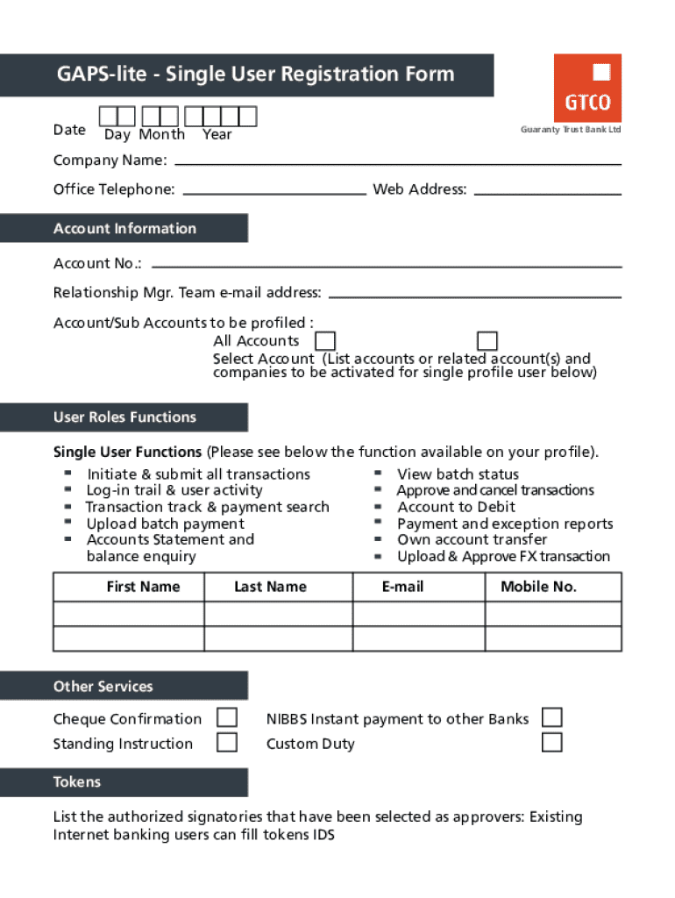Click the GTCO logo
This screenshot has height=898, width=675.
[587, 88]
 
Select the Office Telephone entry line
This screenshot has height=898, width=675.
[274, 190]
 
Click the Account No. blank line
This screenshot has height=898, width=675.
[387, 264]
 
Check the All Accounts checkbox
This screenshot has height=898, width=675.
[325, 341]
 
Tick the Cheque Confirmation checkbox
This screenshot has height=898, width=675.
[227, 718]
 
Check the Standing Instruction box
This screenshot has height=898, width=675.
[227, 743]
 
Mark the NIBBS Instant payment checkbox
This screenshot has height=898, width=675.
[551, 718]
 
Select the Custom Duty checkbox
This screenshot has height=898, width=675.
[551, 743]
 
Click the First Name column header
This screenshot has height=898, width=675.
[143, 587]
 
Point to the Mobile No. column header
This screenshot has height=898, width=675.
[538, 587]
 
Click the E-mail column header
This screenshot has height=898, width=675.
[402, 587]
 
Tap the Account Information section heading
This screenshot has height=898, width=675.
[124, 228]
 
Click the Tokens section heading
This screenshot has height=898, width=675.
[77, 781]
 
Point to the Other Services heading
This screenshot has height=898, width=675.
[103, 686]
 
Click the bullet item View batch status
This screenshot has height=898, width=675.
[458, 474]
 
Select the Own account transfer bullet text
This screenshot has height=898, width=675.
[472, 539]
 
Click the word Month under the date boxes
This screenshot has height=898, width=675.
[161, 134]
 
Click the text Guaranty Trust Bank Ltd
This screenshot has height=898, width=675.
[570, 130]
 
